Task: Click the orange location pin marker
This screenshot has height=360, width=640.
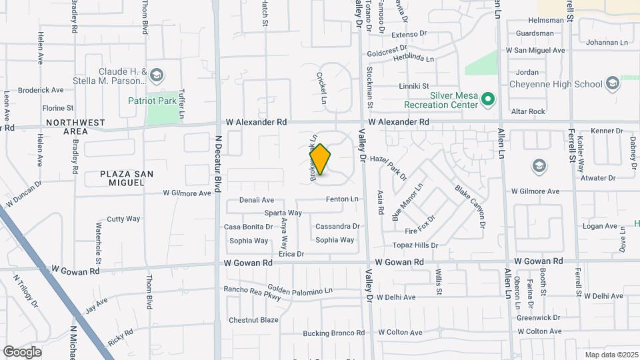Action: pyautogui.click(x=320, y=159)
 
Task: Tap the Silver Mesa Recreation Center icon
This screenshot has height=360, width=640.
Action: pyautogui.click(x=488, y=100)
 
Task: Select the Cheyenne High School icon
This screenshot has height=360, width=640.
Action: pyautogui.click(x=613, y=84)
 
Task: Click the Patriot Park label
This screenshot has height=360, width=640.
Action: pyautogui.click(x=152, y=101)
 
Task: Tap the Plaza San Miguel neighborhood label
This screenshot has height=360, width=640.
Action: pyautogui.click(x=127, y=178)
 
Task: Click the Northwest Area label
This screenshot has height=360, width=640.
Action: pyautogui.click(x=75, y=127)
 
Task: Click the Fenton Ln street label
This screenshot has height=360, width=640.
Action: pyautogui.click(x=342, y=199)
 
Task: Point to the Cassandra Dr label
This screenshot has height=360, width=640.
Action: pyautogui.click(x=337, y=227)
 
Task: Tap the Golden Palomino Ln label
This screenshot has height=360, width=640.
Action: pyautogui.click(x=300, y=291)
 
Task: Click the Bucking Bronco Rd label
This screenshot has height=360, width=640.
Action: pyautogui.click(x=333, y=333)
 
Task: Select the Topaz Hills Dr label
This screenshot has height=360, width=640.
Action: pyautogui.click(x=415, y=245)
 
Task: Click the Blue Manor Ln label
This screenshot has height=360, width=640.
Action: pyautogui.click(x=407, y=201)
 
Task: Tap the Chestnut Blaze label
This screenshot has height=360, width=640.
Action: pyautogui.click(x=253, y=320)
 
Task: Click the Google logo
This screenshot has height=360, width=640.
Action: pyautogui.click(x=22, y=351)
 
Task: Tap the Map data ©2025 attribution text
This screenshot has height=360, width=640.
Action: pyautogui.click(x=611, y=355)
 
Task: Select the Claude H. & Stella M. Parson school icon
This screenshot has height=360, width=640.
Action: pyautogui.click(x=157, y=73)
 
